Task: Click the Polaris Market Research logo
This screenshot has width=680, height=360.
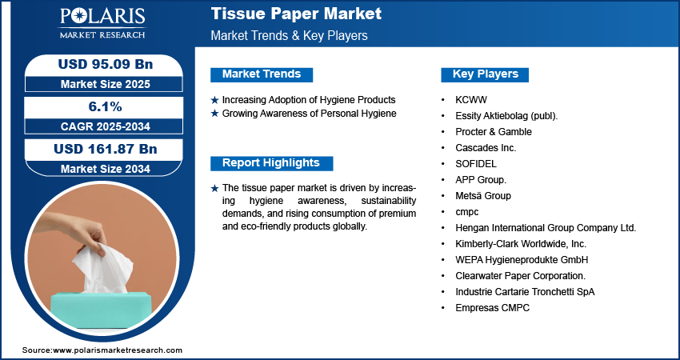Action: pos(102,22)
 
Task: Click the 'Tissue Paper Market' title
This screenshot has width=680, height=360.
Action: pos(296,14)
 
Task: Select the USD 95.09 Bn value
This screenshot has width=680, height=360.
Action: pos(106,64)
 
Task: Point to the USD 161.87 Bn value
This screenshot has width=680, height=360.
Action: pos(106,149)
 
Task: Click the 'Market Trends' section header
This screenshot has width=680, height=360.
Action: pos(262,74)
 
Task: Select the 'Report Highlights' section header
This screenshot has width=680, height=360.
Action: pos(271,163)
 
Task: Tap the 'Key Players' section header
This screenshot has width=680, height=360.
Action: pos(485,74)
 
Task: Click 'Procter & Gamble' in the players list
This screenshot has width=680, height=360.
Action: pos(494,131)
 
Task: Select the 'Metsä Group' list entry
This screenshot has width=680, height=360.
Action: pos(483,196)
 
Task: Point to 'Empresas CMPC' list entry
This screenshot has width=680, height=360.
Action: pos(492,308)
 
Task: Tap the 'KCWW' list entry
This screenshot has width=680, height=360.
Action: pos(471,100)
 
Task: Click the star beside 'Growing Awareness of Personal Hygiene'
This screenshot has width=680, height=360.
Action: pos(214,114)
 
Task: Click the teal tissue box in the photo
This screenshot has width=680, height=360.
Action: pos(101,310)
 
